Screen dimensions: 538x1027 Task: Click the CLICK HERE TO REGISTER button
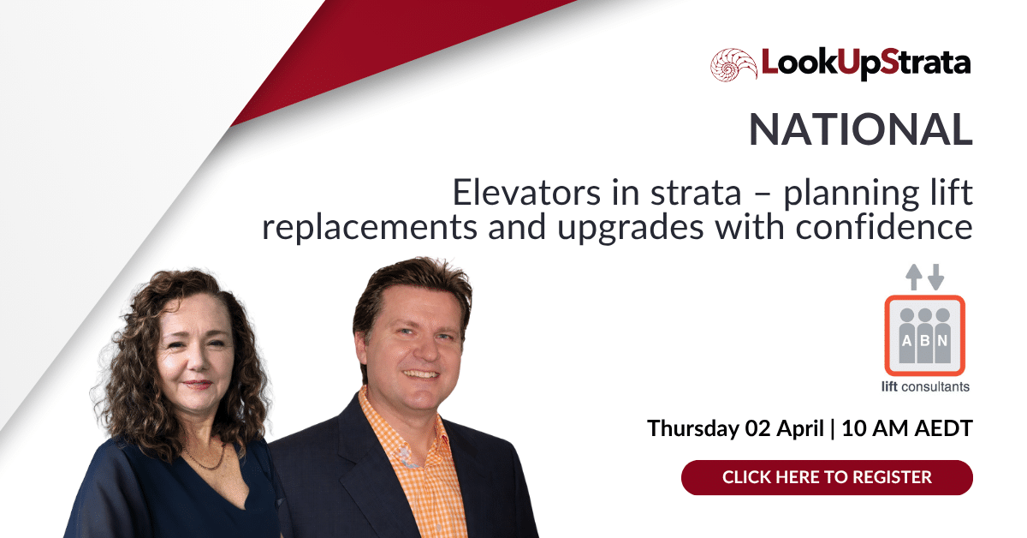tap(827, 477)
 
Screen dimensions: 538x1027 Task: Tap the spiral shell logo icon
tap(733, 65)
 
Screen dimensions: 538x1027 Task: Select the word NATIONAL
tap(860, 129)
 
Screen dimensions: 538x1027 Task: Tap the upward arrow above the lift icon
tap(914, 276)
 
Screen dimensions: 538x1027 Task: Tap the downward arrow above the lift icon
tap(935, 276)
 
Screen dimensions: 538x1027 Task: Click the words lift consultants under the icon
tap(925, 386)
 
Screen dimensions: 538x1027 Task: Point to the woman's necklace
tap(204, 462)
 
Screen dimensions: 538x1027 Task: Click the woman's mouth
tap(197, 385)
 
